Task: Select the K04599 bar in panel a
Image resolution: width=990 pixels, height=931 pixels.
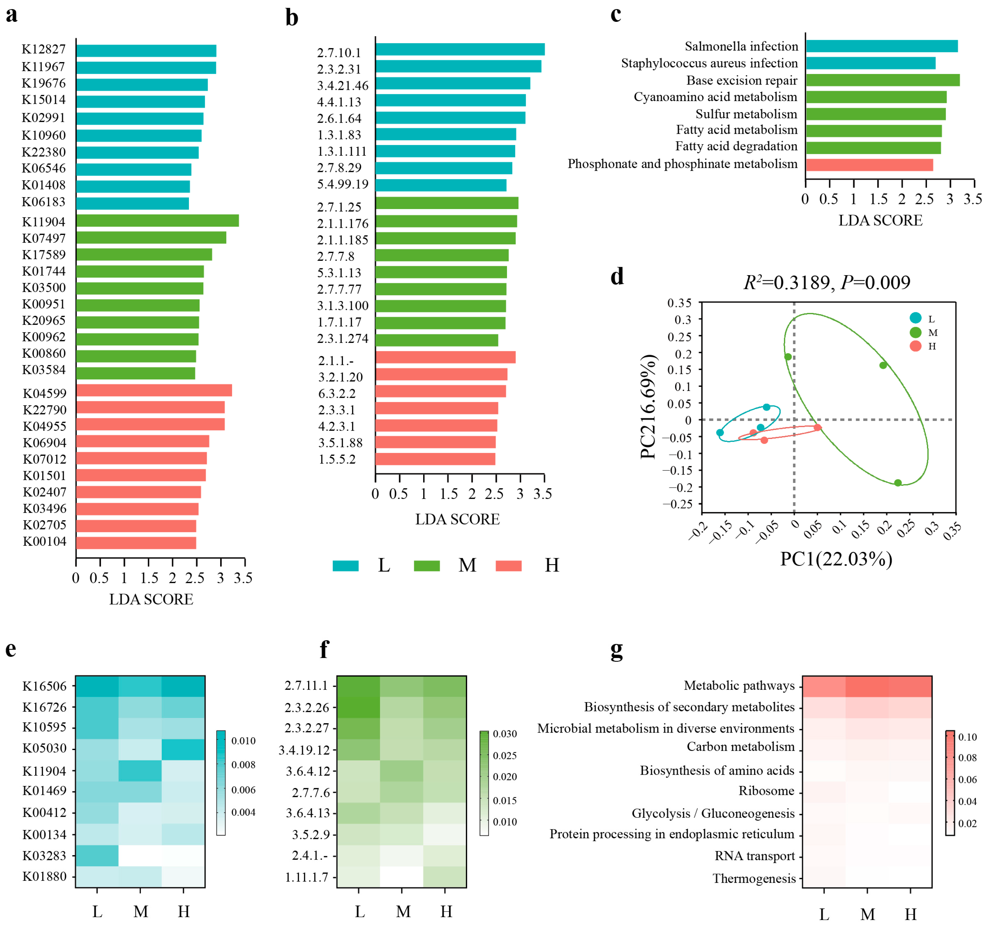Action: click(153, 390)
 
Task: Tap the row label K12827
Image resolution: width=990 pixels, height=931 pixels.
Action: click(44, 49)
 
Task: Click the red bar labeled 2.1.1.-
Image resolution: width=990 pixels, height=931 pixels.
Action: click(445, 357)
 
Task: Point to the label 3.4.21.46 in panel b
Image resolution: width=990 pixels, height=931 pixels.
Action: click(343, 86)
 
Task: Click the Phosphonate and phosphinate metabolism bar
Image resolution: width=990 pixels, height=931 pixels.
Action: click(869, 164)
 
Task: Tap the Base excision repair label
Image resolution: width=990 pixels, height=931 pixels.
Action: click(741, 80)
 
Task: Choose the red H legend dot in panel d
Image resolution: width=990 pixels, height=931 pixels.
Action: click(915, 346)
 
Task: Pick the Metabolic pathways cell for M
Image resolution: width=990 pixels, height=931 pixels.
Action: click(867, 686)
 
